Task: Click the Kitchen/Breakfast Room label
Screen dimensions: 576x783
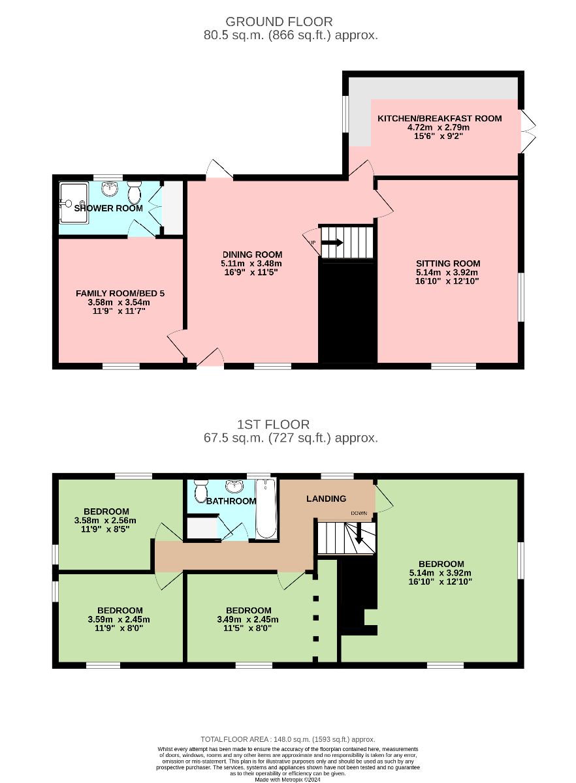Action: (x=440, y=118)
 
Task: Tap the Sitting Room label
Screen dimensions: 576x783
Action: (x=448, y=263)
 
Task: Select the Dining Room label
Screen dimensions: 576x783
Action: (x=252, y=254)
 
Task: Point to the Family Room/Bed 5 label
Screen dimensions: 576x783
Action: (x=120, y=293)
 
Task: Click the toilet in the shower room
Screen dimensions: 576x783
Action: (x=135, y=192)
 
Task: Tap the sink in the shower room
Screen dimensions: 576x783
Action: (x=110, y=189)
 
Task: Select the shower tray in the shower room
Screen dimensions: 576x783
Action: (x=74, y=203)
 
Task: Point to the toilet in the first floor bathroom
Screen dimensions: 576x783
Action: (x=201, y=491)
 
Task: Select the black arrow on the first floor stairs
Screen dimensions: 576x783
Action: (x=359, y=533)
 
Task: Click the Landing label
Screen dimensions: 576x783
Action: (x=326, y=499)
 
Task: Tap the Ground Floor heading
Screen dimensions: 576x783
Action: (x=279, y=22)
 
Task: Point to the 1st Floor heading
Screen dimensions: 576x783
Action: (x=273, y=424)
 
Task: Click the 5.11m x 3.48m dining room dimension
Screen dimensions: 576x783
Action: (x=251, y=264)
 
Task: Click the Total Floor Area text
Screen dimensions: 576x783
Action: (x=288, y=739)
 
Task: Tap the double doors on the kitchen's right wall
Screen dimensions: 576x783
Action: (x=528, y=131)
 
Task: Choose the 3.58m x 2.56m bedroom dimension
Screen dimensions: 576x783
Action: (x=105, y=520)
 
